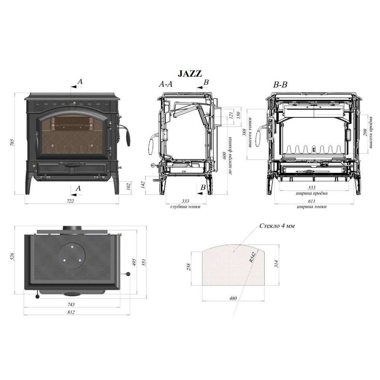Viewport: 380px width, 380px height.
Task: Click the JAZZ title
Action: tap(190, 73)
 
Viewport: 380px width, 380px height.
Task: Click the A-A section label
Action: tap(166, 84)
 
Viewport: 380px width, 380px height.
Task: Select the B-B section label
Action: tap(280, 85)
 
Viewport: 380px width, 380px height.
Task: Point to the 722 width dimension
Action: tap(70, 201)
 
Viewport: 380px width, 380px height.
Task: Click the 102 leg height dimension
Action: tap(128, 186)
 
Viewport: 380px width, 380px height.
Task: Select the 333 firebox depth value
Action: tap(185, 201)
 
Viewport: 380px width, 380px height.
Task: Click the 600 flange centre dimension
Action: tap(224, 156)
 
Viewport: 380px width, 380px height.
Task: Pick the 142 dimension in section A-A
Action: tap(143, 185)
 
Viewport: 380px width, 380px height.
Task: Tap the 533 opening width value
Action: tap(312, 188)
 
